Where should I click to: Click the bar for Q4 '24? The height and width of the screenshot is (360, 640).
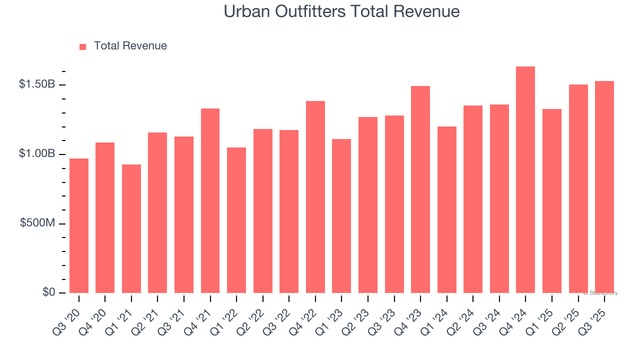click(x=525, y=180)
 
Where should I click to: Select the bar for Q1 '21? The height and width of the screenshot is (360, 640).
click(x=131, y=229)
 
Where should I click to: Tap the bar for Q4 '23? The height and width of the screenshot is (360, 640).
click(x=420, y=189)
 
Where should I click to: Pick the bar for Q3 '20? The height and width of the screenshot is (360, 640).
click(x=79, y=226)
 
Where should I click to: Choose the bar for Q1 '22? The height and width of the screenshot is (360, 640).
click(x=236, y=220)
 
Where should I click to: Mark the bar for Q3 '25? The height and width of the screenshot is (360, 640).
click(x=604, y=187)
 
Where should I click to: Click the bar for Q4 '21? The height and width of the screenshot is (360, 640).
click(x=210, y=201)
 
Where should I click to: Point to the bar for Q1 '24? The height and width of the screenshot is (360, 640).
click(x=447, y=210)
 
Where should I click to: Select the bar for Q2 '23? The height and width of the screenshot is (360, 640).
click(x=368, y=205)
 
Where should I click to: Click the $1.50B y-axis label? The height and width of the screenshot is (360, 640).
click(x=37, y=84)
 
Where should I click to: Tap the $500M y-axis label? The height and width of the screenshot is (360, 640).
click(x=37, y=223)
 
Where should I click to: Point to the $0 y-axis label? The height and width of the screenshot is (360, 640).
click(x=48, y=292)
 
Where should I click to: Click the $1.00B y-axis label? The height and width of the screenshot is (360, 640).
click(x=37, y=153)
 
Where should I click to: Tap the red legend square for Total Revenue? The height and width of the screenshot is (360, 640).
click(x=83, y=46)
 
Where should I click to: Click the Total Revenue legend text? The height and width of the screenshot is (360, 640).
click(x=130, y=46)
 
